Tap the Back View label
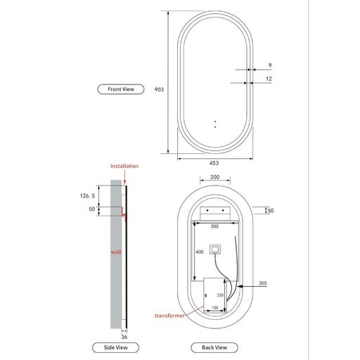pos(214,347)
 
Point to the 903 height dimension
pos(158,89)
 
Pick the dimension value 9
pos(270,65)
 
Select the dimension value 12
pos(269,79)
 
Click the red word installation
pos(124,166)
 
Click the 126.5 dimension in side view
pos(86,198)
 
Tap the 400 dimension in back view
pos(200,251)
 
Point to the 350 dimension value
pos(263,283)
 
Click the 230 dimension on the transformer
pos(220,295)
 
